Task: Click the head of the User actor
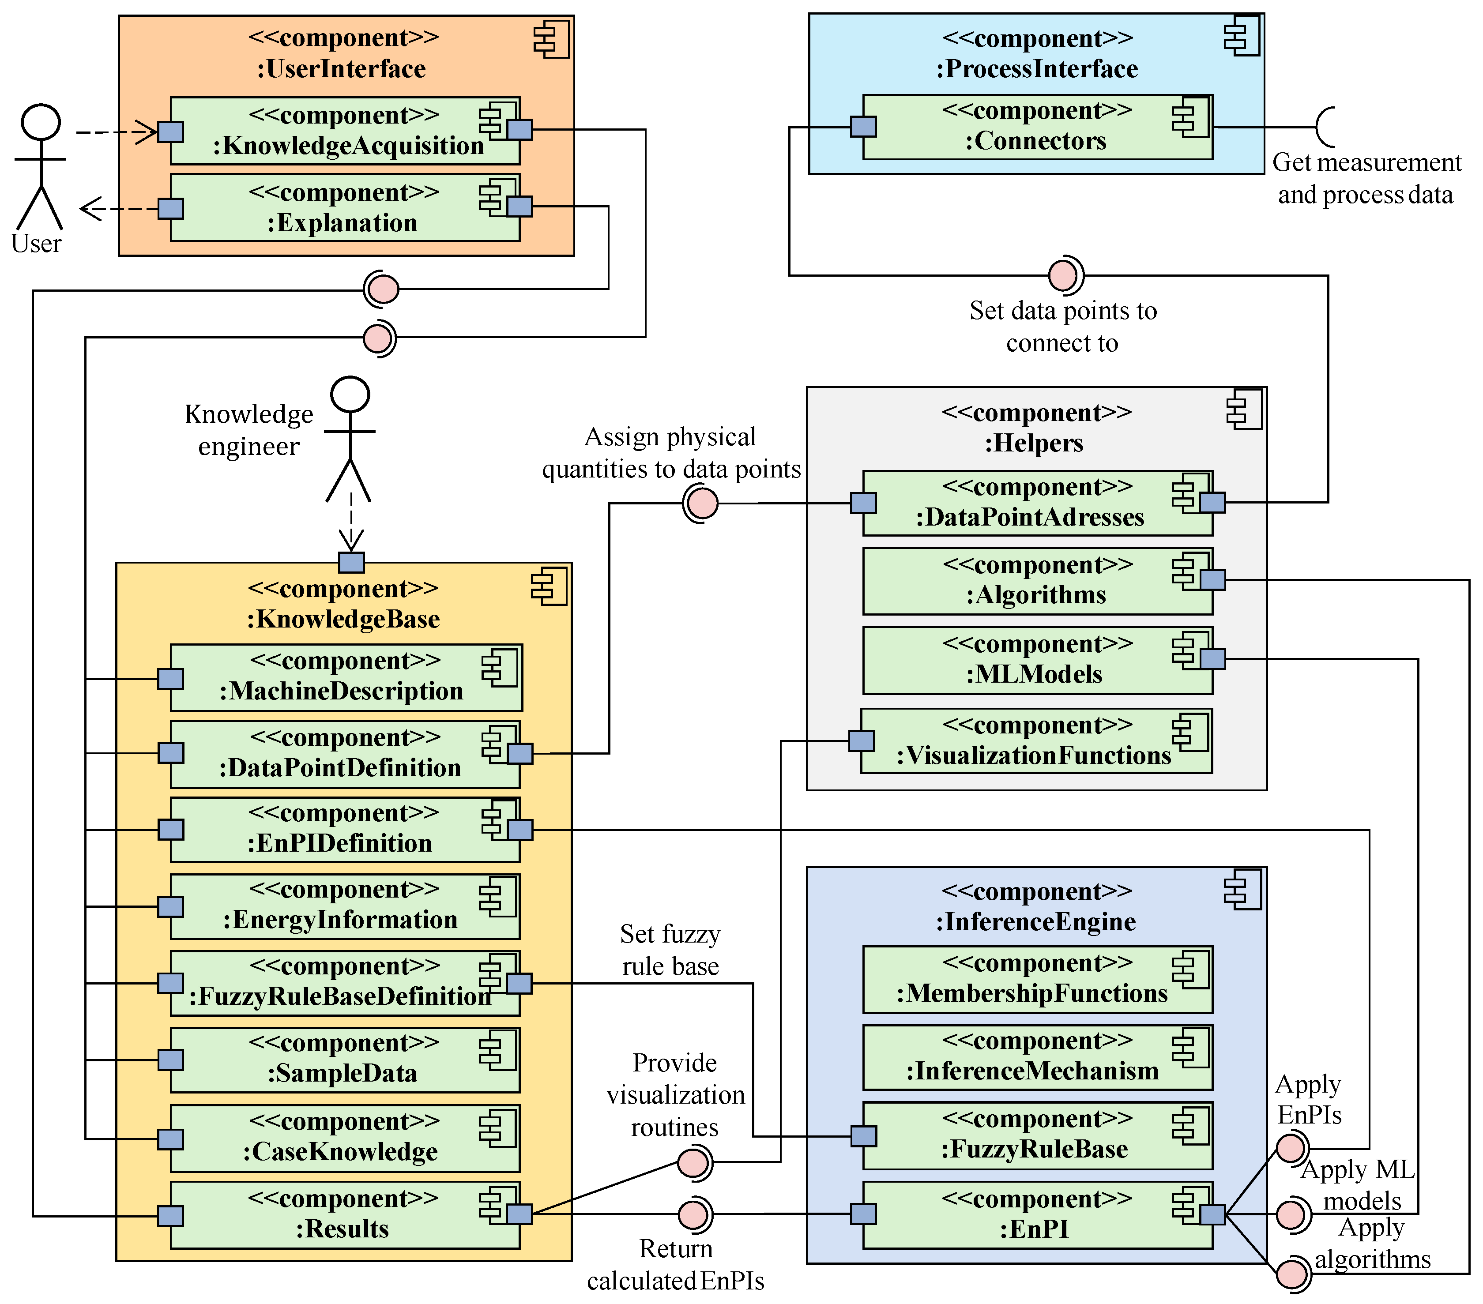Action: pyautogui.click(x=41, y=122)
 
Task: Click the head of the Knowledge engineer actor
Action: pyautogui.click(x=350, y=395)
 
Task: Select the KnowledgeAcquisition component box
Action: pyautogui.click(x=345, y=131)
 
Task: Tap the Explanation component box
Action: pyautogui.click(x=345, y=208)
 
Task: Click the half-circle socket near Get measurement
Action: pyautogui.click(x=1325, y=127)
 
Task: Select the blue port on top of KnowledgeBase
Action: pyautogui.click(x=351, y=562)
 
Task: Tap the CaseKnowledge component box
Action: pyautogui.click(x=345, y=1139)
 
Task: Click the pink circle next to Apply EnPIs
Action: pyautogui.click(x=1291, y=1149)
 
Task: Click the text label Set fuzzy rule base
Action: pyautogui.click(x=670, y=950)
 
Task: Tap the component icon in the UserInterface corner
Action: pyautogui.click(x=551, y=40)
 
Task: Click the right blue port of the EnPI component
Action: pyautogui.click(x=1212, y=1214)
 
